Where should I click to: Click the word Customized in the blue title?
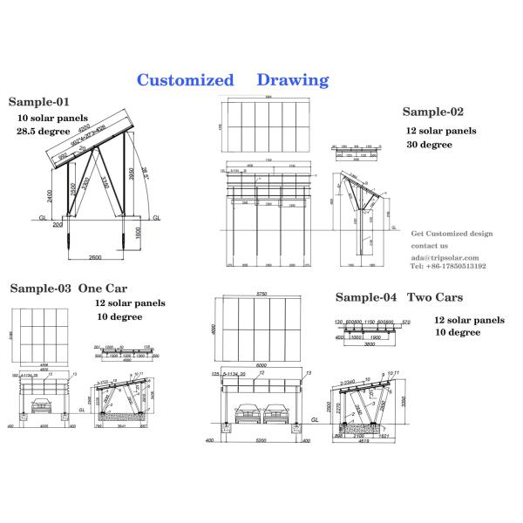click(x=186, y=80)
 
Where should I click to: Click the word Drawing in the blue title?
click(x=293, y=80)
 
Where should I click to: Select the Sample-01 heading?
click(x=39, y=101)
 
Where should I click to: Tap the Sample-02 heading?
click(x=433, y=112)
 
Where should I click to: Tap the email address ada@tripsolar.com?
click(x=445, y=257)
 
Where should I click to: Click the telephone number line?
click(x=448, y=267)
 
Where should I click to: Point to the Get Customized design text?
click(x=452, y=234)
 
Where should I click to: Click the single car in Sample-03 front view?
click(x=41, y=405)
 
